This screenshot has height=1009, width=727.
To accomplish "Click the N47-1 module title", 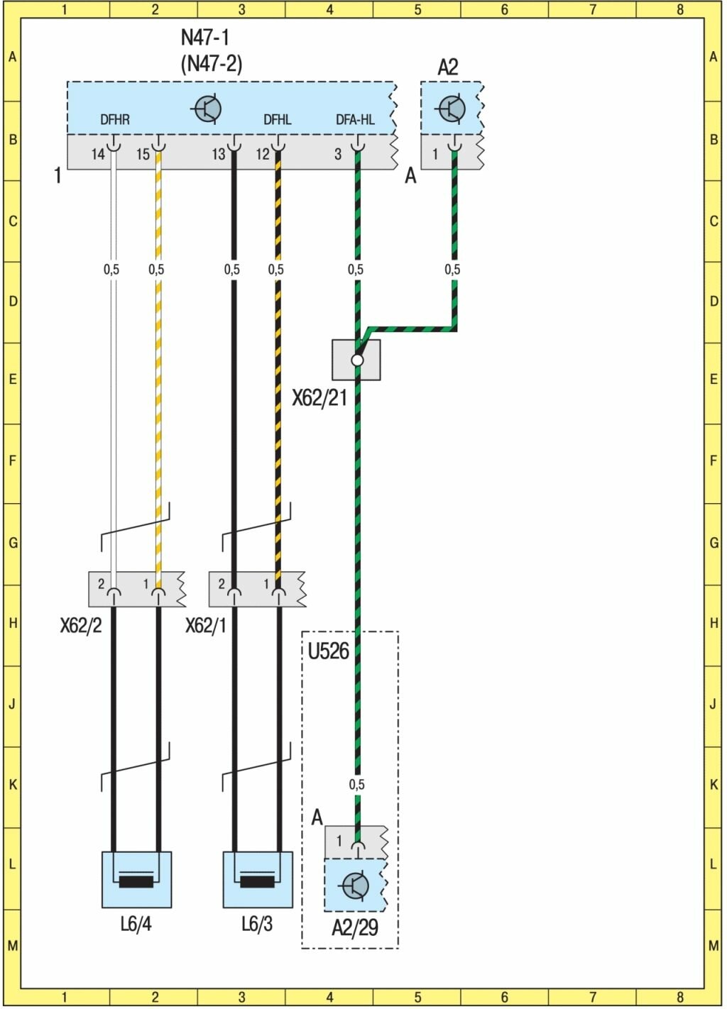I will coord(205,38).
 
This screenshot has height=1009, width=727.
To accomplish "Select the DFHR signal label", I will coord(115,120).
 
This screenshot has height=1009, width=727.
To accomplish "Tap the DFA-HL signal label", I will coord(355,120).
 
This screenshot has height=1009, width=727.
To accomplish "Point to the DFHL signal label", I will coord(277,120).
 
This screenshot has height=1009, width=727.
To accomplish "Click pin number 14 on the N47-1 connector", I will coord(98,154).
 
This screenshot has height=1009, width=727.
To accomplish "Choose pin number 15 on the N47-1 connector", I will coord(143,154).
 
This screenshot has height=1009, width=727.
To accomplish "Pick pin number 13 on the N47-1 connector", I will coord(219,154).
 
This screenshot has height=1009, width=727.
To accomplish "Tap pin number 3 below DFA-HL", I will coord(338,154).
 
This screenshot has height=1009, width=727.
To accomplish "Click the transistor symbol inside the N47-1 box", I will coord(207,109).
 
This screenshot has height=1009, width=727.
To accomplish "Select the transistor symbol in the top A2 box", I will coord(452,109).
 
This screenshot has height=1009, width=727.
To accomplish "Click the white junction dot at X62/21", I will coord(357,360).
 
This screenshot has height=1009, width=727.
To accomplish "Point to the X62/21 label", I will coord(319,398).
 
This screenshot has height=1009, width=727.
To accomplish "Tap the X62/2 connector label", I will coord(81,626).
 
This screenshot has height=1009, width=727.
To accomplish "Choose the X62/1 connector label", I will coord(206,626).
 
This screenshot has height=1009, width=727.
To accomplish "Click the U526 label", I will coord(328,651).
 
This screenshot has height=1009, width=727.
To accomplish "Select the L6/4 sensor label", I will coord(136,924).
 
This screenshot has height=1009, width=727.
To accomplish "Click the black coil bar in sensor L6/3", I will coord(258,882).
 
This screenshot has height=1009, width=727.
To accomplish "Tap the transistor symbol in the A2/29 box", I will coord(355,885).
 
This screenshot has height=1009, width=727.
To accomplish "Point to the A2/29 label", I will coord(355,927).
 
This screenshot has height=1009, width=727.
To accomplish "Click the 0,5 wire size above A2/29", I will coord(356,784).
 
